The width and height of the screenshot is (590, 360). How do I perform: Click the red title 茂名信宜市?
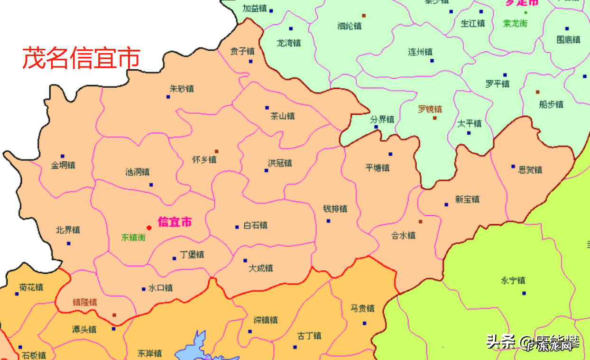point(81,58)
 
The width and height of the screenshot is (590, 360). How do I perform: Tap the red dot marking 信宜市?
point(149,228)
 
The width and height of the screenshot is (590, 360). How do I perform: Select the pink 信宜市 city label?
point(175,222)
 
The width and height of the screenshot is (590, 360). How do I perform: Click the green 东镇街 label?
point(133,237)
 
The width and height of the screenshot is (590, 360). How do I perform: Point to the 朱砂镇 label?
point(182,89)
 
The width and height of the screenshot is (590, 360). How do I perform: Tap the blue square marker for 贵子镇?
point(250,61)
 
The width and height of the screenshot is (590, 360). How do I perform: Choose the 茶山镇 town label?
point(283,116)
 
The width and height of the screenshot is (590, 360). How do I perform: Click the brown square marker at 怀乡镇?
point(217,151)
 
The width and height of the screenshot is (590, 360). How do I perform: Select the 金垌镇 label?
point(63,166)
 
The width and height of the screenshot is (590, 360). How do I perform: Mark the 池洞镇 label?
point(138,172)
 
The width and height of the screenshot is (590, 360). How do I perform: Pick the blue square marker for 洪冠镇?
point(266,170)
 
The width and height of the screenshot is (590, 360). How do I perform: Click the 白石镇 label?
point(255,225)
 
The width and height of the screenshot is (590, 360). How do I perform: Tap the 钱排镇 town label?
point(335,209)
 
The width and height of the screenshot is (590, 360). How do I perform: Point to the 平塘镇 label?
point(378,167)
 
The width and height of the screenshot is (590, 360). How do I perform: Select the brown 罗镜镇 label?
point(430,109)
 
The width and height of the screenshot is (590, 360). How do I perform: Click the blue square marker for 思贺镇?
point(513,166)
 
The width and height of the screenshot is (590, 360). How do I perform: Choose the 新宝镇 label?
point(467,199)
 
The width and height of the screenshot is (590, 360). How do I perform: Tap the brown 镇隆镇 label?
point(85,302)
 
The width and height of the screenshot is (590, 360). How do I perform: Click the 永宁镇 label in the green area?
point(513,280)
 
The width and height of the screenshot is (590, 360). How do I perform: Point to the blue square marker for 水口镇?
point(143,289)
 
